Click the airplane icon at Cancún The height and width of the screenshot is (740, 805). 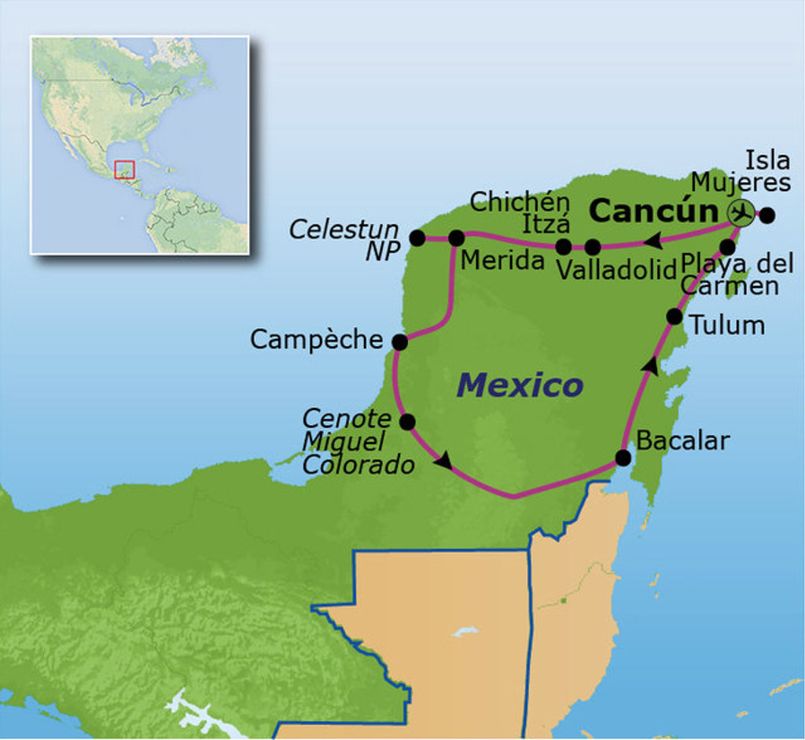pos(740,212)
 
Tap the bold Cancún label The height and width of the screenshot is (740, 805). pos(653,211)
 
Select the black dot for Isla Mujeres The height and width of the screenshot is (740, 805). pos(767,214)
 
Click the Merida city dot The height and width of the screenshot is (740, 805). pos(456,237)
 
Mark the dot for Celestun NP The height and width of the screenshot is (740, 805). pos(417,237)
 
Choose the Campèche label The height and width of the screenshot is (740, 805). pos(316,340)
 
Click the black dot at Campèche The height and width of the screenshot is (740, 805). pos(399,342)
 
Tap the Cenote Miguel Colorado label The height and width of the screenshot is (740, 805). pos(358,441)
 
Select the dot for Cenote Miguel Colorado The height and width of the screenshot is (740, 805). pos(407,422)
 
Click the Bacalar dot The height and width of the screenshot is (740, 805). pos(623,458)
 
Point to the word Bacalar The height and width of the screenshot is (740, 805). pos(682,440)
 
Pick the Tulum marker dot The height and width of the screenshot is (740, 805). pos(674,316)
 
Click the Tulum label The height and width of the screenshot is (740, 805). pos(727,325)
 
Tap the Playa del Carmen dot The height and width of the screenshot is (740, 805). pos(727,247)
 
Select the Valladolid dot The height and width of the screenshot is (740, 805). pos(593,247)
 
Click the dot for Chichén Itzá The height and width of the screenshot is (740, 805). pos(563,247)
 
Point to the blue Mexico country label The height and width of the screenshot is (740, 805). pos(520,385)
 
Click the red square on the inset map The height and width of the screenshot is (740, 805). pos(124,170)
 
